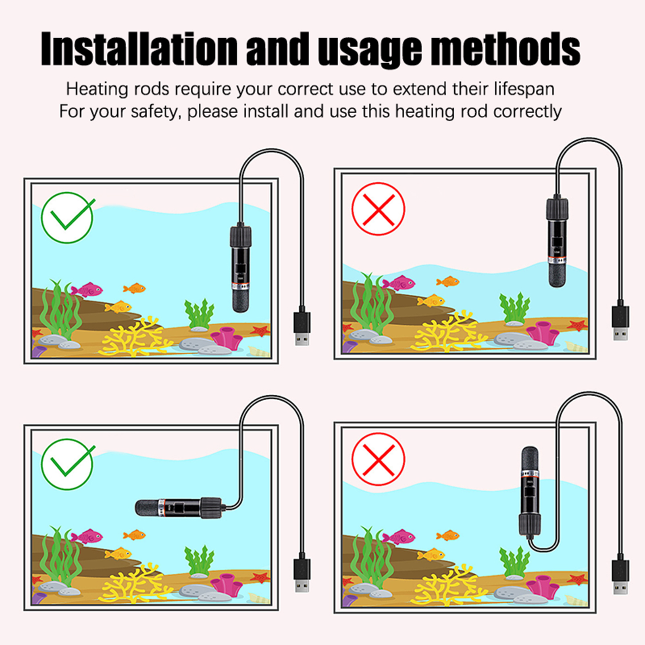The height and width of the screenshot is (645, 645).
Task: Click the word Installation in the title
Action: (x=139, y=49)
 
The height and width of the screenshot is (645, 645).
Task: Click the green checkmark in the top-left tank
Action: (x=68, y=217)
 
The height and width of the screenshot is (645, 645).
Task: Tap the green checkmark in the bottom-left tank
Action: (x=68, y=464)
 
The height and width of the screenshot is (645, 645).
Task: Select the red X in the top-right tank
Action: (x=378, y=209)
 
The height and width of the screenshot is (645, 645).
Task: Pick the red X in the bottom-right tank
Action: (x=378, y=460)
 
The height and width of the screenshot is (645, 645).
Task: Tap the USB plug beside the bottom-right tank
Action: (x=620, y=574)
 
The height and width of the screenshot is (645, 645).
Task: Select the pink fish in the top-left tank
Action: (x=87, y=289)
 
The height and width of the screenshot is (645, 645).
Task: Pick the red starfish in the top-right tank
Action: (x=577, y=324)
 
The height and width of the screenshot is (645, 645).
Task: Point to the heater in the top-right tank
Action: (x=558, y=241)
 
